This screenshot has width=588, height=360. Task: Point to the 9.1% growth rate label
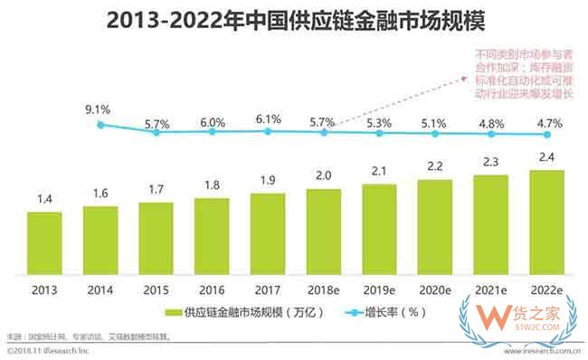pyautogui.click(x=99, y=110)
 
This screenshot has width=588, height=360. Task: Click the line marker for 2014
pyautogui.click(x=100, y=125)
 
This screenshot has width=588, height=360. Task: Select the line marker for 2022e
pyautogui.click(x=548, y=134)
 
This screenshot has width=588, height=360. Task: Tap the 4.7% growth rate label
pyautogui.click(x=548, y=121)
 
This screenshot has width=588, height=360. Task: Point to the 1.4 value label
pyautogui.click(x=44, y=201)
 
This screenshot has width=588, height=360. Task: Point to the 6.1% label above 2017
pyautogui.click(x=269, y=118)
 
